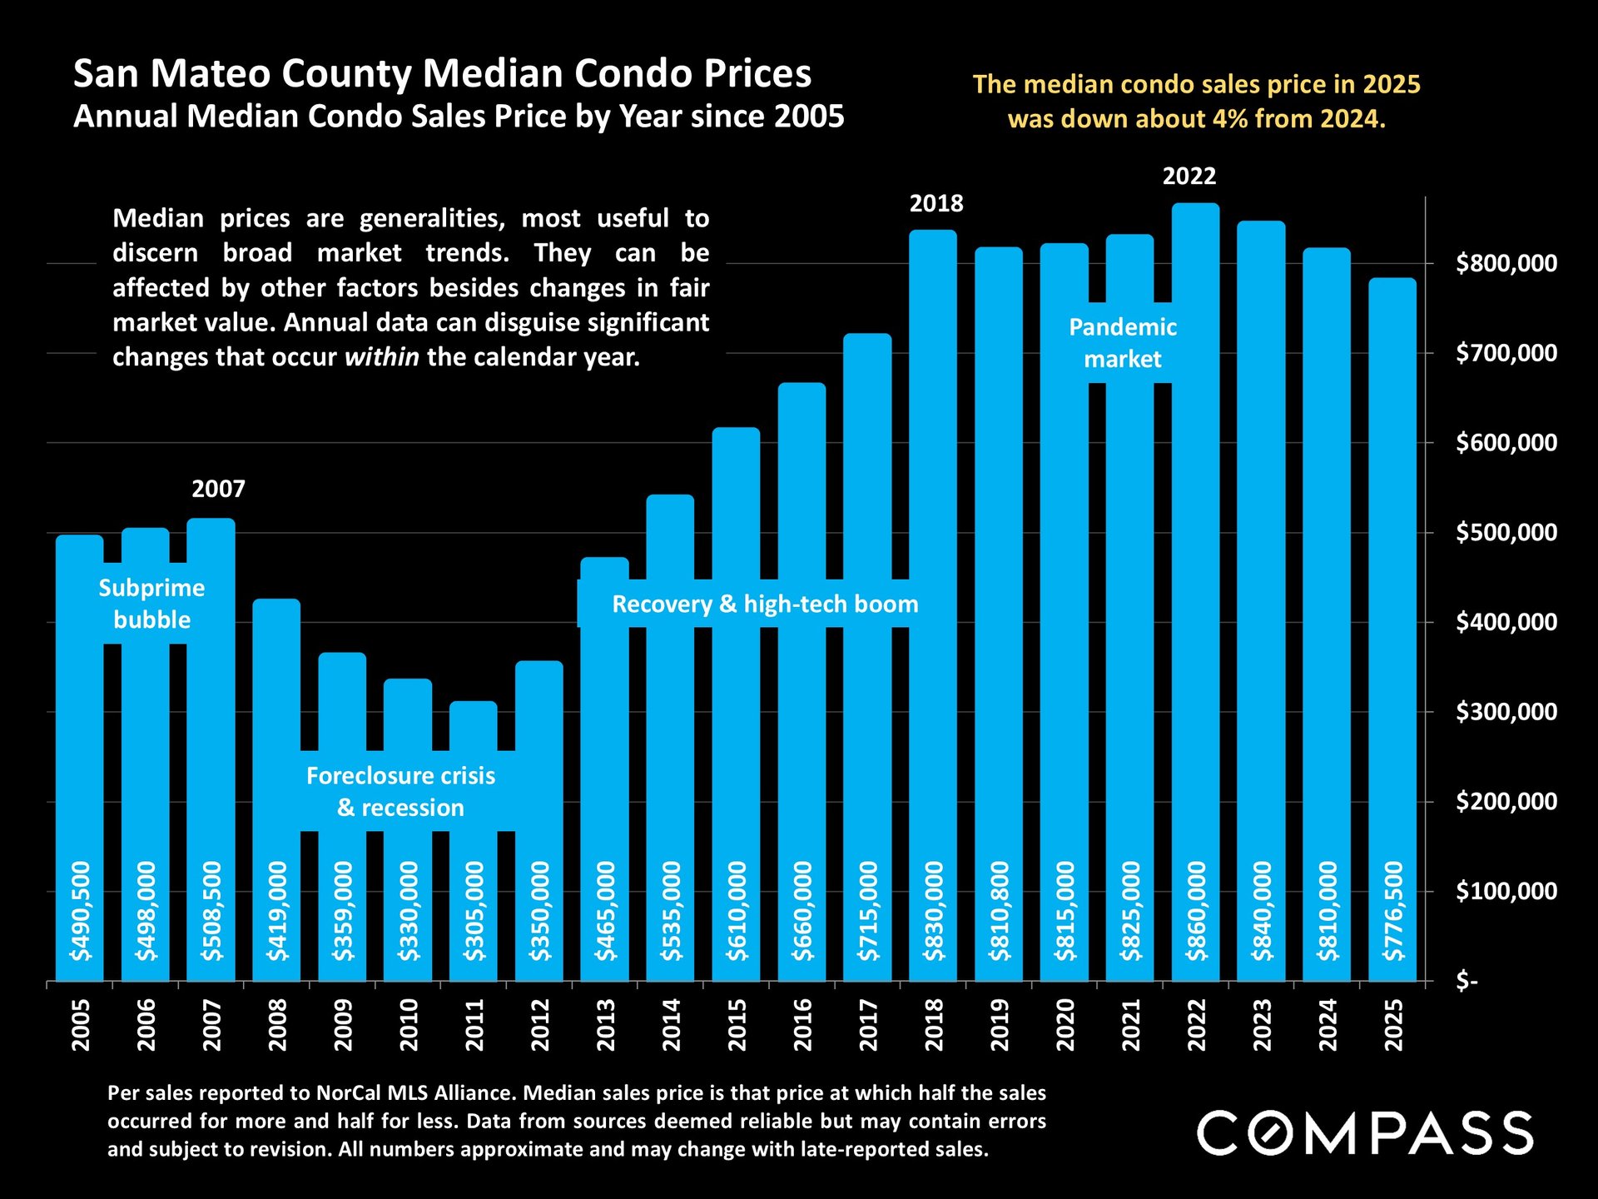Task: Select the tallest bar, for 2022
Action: (1195, 583)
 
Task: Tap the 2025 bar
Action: (1392, 583)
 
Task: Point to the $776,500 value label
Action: (1393, 911)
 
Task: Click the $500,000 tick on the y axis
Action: (1506, 532)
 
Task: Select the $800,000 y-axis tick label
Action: (1506, 263)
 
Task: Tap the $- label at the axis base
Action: (1466, 982)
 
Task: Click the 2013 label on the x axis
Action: (606, 1025)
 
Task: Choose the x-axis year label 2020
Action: (1065, 1025)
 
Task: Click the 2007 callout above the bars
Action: (218, 489)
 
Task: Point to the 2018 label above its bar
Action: (935, 203)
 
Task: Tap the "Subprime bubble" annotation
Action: (151, 604)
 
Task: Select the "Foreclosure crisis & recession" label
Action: (400, 792)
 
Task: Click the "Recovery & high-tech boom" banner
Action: (765, 604)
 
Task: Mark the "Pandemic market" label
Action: (1122, 343)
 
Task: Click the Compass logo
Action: (1364, 1132)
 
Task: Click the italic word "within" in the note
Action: (382, 357)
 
